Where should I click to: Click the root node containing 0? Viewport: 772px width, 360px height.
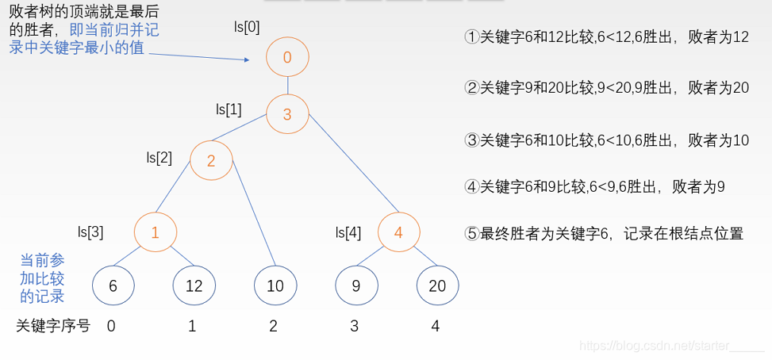point(286,57)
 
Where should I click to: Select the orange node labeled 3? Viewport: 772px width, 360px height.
point(286,115)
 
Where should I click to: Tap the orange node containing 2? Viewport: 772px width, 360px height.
point(211,161)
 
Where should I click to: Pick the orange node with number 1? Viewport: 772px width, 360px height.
point(155,232)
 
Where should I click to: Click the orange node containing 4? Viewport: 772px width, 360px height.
point(398,232)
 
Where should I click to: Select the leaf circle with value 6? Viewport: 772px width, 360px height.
point(113,286)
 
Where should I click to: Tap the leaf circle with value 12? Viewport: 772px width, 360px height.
point(194,286)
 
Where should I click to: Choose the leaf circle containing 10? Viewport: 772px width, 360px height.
point(275,286)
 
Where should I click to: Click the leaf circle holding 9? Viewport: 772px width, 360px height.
point(356,286)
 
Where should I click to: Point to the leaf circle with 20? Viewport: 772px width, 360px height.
point(437,286)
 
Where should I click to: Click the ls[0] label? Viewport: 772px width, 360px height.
point(246,27)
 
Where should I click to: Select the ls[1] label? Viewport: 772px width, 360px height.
point(229,109)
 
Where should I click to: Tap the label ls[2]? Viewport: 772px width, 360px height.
point(159,157)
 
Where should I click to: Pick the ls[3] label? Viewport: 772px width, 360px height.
point(90,232)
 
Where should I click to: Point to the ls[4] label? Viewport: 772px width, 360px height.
point(348,232)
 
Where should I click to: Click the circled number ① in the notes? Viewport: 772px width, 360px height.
point(472,37)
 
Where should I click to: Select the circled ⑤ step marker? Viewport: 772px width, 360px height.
point(472,234)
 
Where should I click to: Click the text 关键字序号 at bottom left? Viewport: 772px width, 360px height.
point(53,325)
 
